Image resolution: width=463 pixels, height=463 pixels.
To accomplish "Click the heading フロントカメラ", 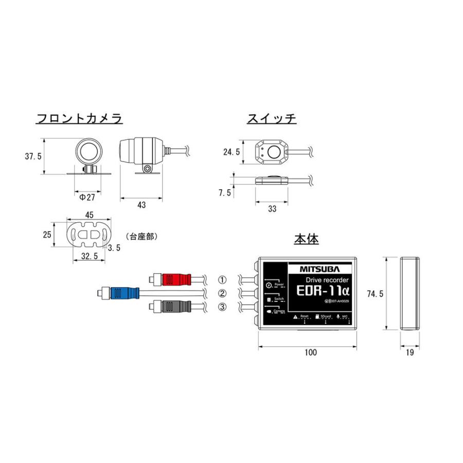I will pyautogui.click(x=79, y=119).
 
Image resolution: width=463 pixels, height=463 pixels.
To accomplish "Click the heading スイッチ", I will pyautogui.click(x=272, y=119).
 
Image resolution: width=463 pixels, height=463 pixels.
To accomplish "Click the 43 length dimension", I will pyautogui.click(x=141, y=205).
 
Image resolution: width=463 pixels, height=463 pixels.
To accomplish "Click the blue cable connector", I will pyautogui.click(x=124, y=293).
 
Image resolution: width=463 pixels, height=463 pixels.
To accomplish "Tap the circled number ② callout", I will pyautogui.click(x=222, y=294).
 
